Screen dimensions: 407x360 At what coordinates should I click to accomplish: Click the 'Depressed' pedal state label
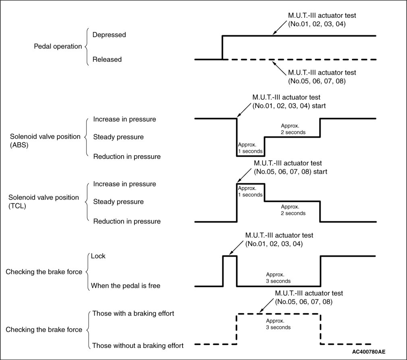109,35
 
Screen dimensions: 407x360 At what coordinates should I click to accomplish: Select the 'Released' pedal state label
107,60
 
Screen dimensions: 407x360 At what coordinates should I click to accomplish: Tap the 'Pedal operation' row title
58,46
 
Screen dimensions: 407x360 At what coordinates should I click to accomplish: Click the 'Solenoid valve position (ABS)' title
45,141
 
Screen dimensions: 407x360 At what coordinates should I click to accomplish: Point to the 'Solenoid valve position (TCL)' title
44,202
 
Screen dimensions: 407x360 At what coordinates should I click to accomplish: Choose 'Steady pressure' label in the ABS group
118,137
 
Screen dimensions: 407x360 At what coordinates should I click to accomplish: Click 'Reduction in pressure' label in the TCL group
127,221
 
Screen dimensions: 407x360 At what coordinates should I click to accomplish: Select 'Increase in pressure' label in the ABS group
125,119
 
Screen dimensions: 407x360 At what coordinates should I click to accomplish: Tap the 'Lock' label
98,256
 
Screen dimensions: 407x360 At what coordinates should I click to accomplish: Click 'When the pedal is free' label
126,286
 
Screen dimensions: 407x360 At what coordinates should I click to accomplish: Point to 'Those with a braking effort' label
133,314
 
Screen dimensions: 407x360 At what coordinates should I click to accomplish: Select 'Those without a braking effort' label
138,346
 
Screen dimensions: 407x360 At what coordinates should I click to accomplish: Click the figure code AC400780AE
369,352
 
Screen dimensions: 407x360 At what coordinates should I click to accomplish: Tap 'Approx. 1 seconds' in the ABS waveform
250,148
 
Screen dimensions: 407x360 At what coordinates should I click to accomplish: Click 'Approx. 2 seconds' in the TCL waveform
293,210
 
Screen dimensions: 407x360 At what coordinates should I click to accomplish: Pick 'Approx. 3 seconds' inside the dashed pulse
278,324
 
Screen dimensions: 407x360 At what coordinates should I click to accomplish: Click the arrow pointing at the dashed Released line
279,68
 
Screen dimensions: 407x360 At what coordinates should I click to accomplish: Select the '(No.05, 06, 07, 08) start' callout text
291,172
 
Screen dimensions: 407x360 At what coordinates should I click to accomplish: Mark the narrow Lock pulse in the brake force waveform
230,256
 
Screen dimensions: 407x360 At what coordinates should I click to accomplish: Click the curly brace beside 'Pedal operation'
87,47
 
